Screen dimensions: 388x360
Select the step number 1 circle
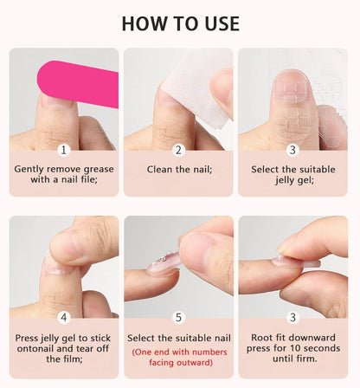(x=63, y=150)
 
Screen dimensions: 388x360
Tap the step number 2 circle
(x=178, y=150)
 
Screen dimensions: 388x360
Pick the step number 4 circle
(x=63, y=317)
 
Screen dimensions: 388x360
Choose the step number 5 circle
(x=178, y=317)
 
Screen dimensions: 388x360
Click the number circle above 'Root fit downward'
(x=292, y=317)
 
